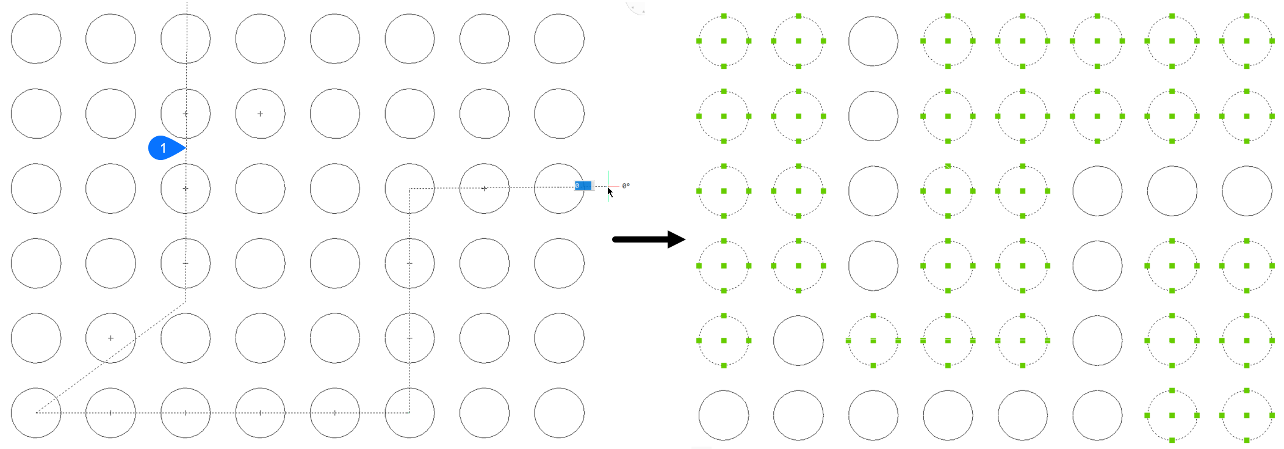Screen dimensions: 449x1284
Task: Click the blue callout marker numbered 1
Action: pyautogui.click(x=164, y=148)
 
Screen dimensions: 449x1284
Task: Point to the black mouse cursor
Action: pyautogui.click(x=610, y=191)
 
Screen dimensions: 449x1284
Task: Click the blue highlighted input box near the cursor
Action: pyautogui.click(x=583, y=186)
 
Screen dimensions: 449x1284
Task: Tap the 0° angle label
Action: pyautogui.click(x=626, y=186)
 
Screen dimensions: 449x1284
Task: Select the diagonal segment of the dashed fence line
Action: pyautogui.click(x=110, y=357)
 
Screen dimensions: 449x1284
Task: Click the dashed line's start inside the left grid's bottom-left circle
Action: pyautogui.click(x=37, y=412)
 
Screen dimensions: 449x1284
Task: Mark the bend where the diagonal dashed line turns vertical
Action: pyautogui.click(x=186, y=302)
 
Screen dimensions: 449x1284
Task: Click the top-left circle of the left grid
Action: pyautogui.click(x=36, y=39)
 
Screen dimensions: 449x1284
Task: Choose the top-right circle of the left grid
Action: pyautogui.click(x=559, y=39)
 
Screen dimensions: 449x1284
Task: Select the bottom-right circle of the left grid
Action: pyautogui.click(x=559, y=413)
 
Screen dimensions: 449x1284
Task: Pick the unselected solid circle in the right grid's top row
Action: pyautogui.click(x=873, y=41)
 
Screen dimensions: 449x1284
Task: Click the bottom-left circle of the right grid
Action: pyautogui.click(x=724, y=415)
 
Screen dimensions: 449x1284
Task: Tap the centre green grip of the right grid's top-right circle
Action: pyautogui.click(x=1247, y=41)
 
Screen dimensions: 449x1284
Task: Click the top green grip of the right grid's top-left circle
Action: pyautogui.click(x=724, y=16)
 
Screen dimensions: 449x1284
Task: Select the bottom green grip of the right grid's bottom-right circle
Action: pyautogui.click(x=1247, y=440)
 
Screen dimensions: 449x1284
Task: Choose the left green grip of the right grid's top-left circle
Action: pyautogui.click(x=699, y=41)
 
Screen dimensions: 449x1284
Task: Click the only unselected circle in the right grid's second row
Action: pyautogui.click(x=873, y=116)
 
